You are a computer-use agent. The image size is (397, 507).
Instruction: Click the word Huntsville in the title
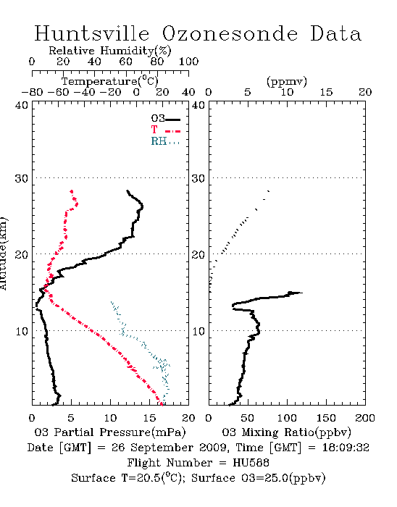tap(92, 33)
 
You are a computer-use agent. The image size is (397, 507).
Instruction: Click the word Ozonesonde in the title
tap(229, 33)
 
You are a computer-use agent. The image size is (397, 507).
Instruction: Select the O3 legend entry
tap(165, 119)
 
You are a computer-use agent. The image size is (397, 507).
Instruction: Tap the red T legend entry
tap(165, 130)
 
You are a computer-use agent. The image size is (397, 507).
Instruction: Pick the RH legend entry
tap(165, 141)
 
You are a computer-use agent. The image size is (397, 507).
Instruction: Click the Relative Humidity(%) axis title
tap(109, 51)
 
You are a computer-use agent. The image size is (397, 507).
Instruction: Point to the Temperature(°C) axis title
tap(109, 81)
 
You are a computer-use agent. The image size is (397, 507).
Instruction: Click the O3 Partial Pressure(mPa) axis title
tap(110, 432)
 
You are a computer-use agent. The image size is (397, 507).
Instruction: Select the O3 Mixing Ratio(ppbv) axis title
tap(286, 432)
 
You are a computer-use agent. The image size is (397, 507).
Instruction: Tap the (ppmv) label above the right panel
tap(286, 82)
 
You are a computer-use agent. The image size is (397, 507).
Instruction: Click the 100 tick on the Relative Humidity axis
tap(188, 62)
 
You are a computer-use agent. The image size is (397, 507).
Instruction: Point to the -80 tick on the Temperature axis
tap(32, 93)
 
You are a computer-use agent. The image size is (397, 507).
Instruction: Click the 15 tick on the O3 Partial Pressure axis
tap(149, 418)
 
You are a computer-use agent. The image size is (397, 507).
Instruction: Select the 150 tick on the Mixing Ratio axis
tap(326, 418)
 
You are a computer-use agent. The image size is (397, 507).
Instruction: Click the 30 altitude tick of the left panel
tap(21, 178)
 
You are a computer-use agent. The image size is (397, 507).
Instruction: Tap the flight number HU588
tap(251, 463)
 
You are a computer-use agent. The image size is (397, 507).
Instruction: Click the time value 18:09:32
tap(346, 448)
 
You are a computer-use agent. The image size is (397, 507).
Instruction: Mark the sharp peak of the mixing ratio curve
tap(302, 293)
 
